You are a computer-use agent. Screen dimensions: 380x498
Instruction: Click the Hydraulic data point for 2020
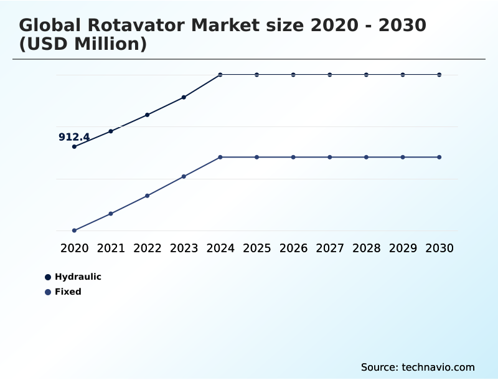74,146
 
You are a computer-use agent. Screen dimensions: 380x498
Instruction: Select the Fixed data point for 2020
74,230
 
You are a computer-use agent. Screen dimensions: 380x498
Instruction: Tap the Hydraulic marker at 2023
184,97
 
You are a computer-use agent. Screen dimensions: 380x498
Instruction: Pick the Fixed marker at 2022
148,196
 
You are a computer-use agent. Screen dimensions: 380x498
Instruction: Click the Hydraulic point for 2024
220,75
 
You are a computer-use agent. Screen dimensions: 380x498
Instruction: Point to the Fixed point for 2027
330,157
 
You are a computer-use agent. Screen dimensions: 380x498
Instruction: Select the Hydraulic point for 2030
439,75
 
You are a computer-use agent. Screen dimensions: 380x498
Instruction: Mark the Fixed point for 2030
439,157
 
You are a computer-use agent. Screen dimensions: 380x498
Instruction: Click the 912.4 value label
74,137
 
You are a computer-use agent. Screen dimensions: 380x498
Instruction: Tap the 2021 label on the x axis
111,248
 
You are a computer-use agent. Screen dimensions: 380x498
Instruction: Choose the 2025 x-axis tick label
256,248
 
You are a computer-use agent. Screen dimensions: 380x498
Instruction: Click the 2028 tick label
366,248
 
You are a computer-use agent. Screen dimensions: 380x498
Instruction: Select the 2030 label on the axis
439,248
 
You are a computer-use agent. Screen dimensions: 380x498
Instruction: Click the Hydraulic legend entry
78,277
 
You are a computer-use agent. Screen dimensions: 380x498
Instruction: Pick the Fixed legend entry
68,292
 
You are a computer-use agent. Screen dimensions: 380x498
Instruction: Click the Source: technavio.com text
418,367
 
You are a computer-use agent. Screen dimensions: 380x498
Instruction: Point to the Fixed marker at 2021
111,214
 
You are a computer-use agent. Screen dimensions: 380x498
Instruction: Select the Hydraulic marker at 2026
293,75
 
